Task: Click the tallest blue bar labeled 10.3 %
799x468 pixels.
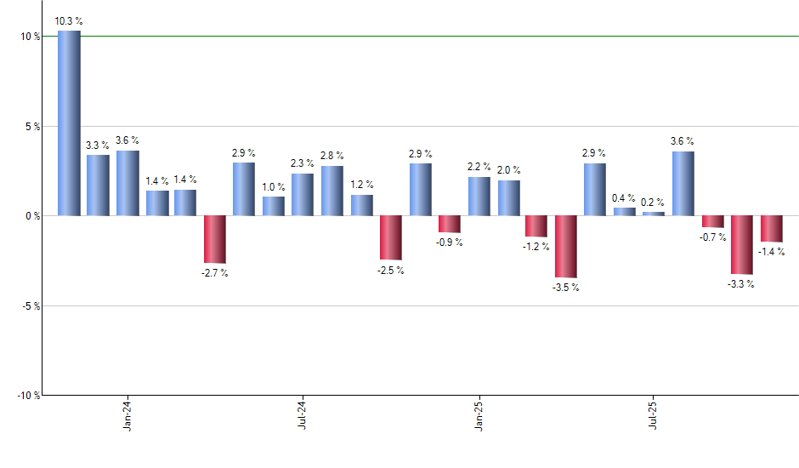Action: pyautogui.click(x=69, y=123)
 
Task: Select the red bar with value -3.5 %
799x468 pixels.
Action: pyautogui.click(x=566, y=247)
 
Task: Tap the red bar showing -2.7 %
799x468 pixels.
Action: pyautogui.click(x=214, y=239)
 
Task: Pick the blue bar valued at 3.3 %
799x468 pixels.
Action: pyautogui.click(x=98, y=185)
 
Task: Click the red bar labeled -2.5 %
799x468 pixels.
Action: pyautogui.click(x=391, y=237)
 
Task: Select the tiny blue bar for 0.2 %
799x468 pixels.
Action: pyautogui.click(x=654, y=214)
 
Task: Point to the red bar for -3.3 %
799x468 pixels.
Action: pyautogui.click(x=741, y=245)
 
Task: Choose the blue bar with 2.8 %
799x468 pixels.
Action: pyautogui.click(x=332, y=191)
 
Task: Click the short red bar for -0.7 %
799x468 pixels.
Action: pyautogui.click(x=712, y=222)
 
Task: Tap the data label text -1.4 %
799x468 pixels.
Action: pyautogui.click(x=771, y=252)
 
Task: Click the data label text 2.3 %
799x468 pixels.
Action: pyautogui.click(x=303, y=163)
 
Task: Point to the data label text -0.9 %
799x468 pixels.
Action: pyautogui.click(x=450, y=243)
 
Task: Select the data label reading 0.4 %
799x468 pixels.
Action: pyautogui.click(x=624, y=198)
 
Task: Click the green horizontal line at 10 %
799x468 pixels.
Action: pyautogui.click(x=425, y=37)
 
